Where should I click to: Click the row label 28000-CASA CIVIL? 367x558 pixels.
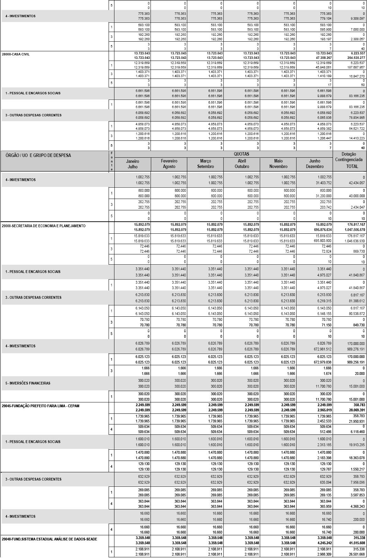(x=16, y=54)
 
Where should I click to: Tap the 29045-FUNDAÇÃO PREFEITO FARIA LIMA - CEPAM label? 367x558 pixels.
(x=41, y=406)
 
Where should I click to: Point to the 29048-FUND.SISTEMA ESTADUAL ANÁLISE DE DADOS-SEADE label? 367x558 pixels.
(x=49, y=539)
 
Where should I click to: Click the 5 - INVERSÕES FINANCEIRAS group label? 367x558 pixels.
(x=28, y=383)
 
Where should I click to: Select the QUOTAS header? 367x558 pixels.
(x=242, y=154)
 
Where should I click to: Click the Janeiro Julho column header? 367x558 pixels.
(x=133, y=164)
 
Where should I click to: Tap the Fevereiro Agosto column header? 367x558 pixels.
(x=169, y=164)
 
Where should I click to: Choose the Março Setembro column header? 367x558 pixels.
(x=205, y=164)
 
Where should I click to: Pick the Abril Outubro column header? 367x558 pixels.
(x=242, y=164)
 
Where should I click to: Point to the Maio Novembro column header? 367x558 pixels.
(x=278, y=164)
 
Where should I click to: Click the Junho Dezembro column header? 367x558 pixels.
(x=314, y=164)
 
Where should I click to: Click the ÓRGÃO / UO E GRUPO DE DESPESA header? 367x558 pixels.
(x=38, y=155)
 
